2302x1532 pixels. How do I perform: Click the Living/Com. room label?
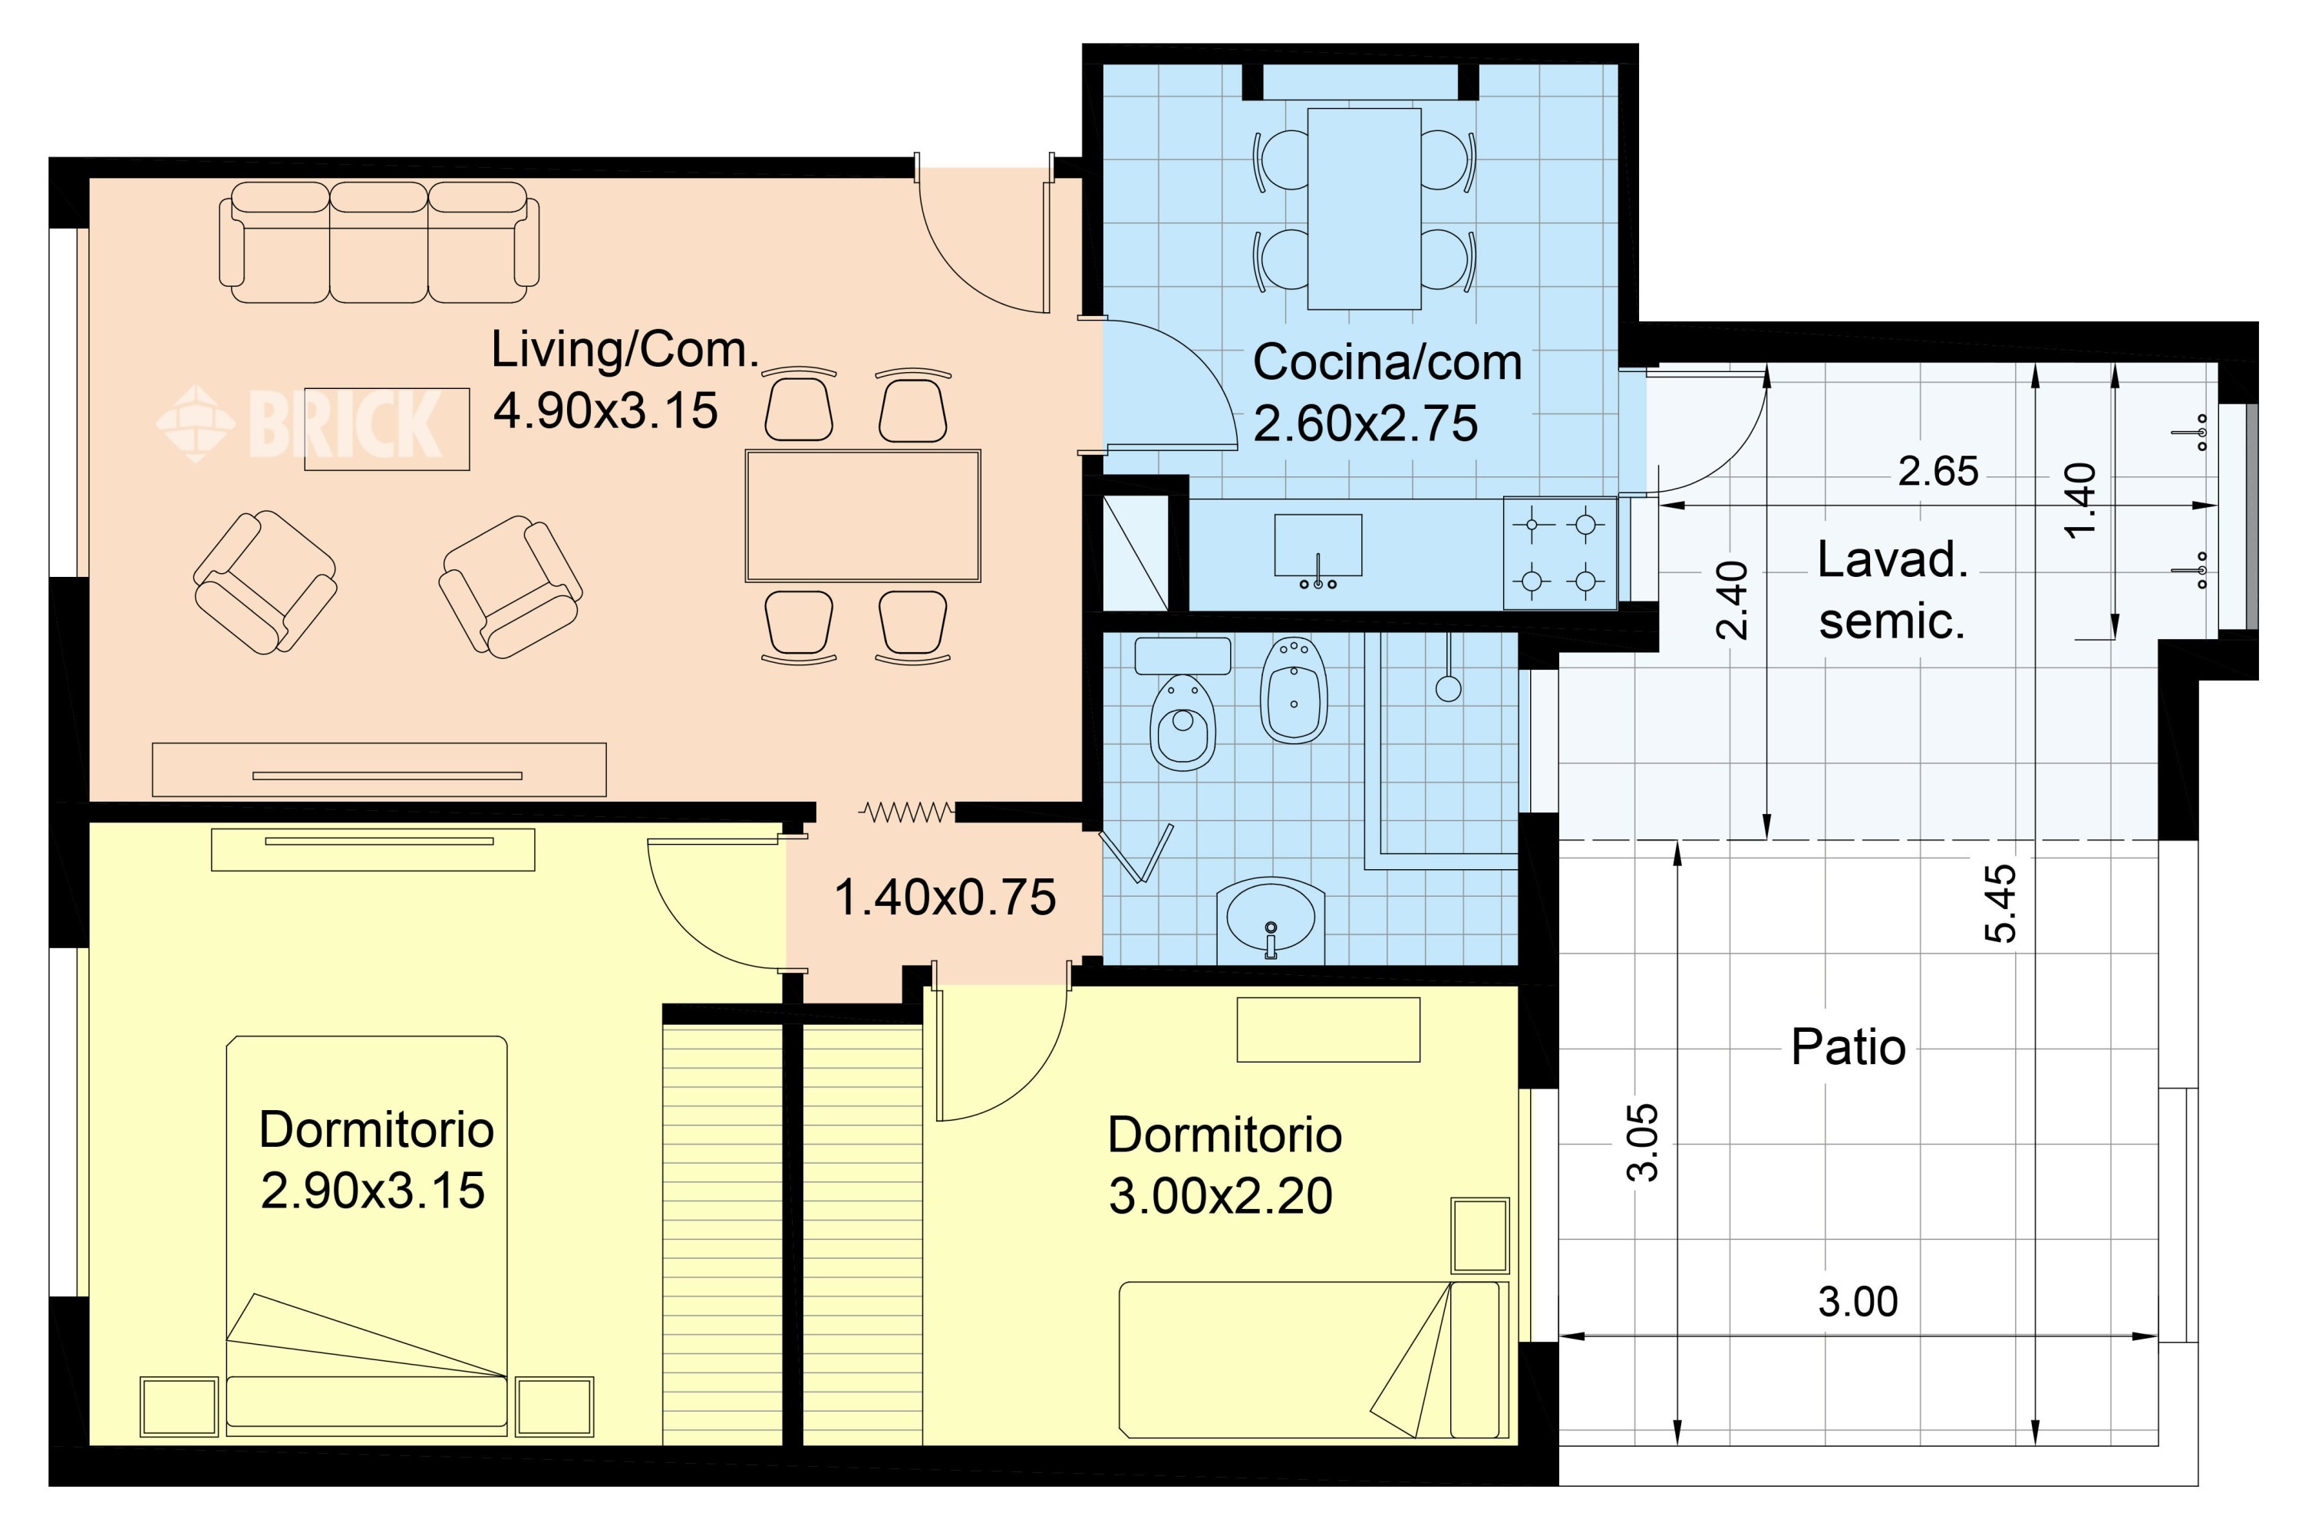point(625,350)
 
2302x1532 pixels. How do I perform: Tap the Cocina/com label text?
point(1387,363)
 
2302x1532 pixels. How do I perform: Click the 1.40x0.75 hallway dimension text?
point(945,897)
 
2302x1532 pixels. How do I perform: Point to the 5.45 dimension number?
point(2000,902)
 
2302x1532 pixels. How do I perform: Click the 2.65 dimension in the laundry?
point(1938,472)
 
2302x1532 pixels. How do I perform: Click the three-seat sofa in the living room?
point(379,242)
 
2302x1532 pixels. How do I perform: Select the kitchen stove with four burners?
point(1559,553)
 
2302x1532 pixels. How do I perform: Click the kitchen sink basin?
point(1318,546)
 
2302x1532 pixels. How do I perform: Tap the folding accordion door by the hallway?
point(905,811)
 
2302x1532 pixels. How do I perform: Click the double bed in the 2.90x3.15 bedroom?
point(367,1236)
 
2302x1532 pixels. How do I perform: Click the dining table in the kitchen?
point(1364,208)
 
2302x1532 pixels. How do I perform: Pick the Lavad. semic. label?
point(1892,590)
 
